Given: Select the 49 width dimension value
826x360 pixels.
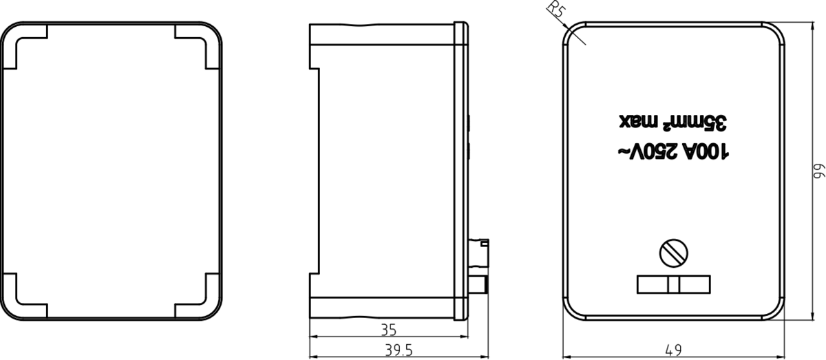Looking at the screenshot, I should click(x=674, y=350).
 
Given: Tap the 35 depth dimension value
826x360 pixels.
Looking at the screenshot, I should click(x=388, y=330).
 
